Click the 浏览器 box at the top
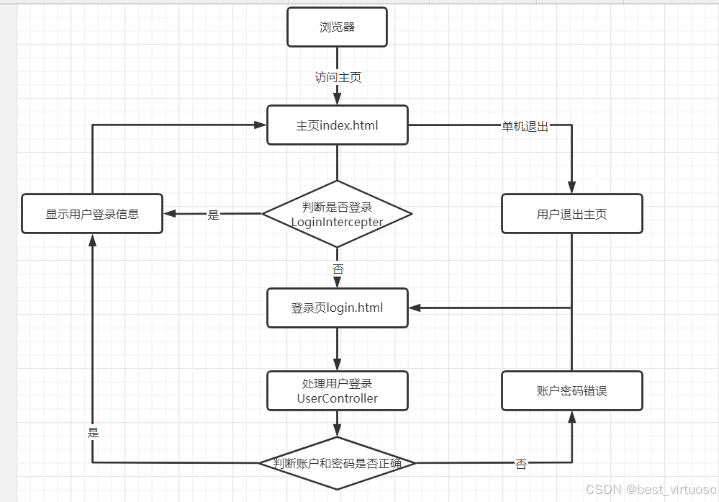pos(337,27)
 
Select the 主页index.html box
pos(337,125)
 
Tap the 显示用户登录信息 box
pos(92,214)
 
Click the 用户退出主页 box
pos(571,214)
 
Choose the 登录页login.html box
pos(337,308)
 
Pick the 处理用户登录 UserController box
pos(337,391)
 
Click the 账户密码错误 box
pos(571,391)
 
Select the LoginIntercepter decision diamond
pos(337,214)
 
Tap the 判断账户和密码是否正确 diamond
pos(337,463)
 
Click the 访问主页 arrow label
pos(337,77)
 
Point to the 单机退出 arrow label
pos(525,127)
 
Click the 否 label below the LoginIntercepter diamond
pos(338,269)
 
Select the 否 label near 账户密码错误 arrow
pos(520,465)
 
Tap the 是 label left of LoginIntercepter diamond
pos(213,215)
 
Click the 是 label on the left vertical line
pos(93,433)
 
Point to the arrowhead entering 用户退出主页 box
pos(571,188)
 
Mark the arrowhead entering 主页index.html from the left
pos(261,125)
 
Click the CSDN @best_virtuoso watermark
pos(651,490)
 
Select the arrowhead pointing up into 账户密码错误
pos(571,416)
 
